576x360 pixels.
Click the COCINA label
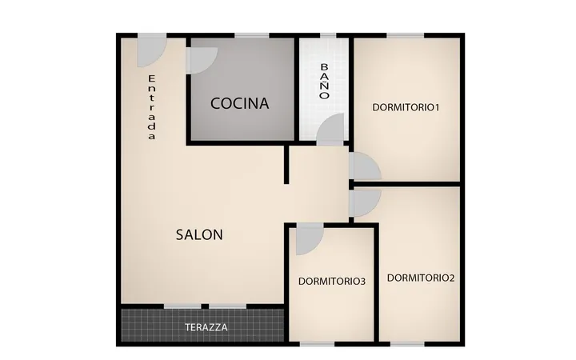pos(239,103)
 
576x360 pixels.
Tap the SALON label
pos(199,234)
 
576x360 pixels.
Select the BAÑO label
pos(324,81)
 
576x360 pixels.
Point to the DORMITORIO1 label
pos(406,107)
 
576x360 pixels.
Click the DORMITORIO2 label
pos(421,278)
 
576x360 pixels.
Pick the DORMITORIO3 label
pos(332,282)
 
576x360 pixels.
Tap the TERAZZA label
pos(206,327)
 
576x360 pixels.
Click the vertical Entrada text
pos(152,107)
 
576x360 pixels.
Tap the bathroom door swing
pos(331,128)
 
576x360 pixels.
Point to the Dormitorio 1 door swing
pos(365,166)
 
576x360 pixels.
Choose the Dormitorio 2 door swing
pos(365,202)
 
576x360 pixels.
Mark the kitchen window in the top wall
pos(252,36)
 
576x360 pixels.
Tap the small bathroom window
pos(328,36)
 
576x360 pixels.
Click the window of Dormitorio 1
pos(406,36)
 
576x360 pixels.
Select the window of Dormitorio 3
pos(318,344)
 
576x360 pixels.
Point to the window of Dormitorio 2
pos(407,344)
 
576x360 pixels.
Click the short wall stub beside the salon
pos(286,164)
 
